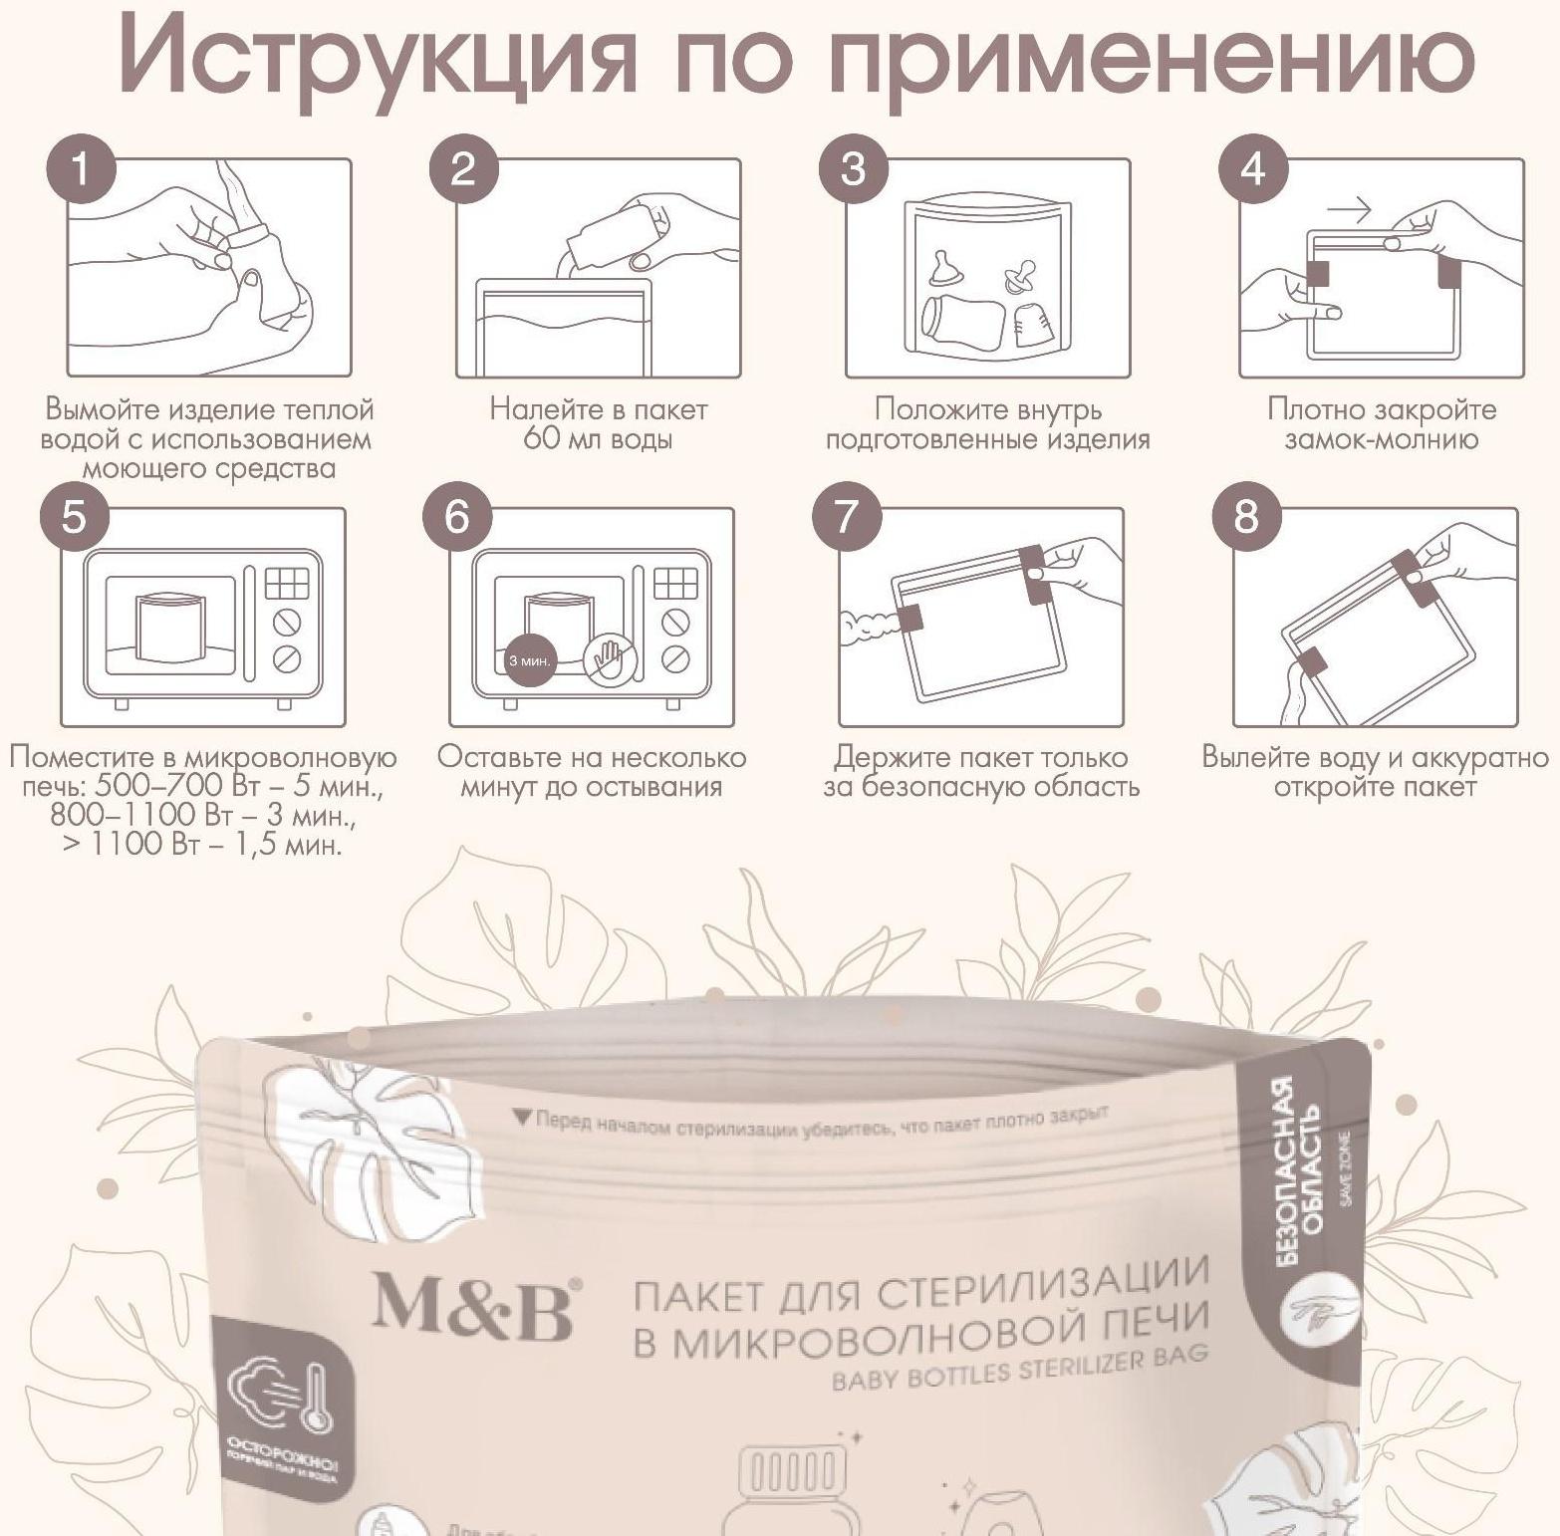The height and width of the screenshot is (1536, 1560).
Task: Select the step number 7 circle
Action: tap(846, 517)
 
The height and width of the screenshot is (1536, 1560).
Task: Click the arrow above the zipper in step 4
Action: tap(1349, 209)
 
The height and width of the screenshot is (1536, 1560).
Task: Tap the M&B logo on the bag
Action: tap(474, 1305)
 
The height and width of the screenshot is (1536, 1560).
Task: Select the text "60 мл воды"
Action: tap(598, 439)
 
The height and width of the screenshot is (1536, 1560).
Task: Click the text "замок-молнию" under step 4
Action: tap(1381, 439)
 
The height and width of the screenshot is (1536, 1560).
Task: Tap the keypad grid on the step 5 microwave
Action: tap(286, 583)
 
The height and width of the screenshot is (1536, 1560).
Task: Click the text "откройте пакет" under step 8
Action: tap(1375, 787)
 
